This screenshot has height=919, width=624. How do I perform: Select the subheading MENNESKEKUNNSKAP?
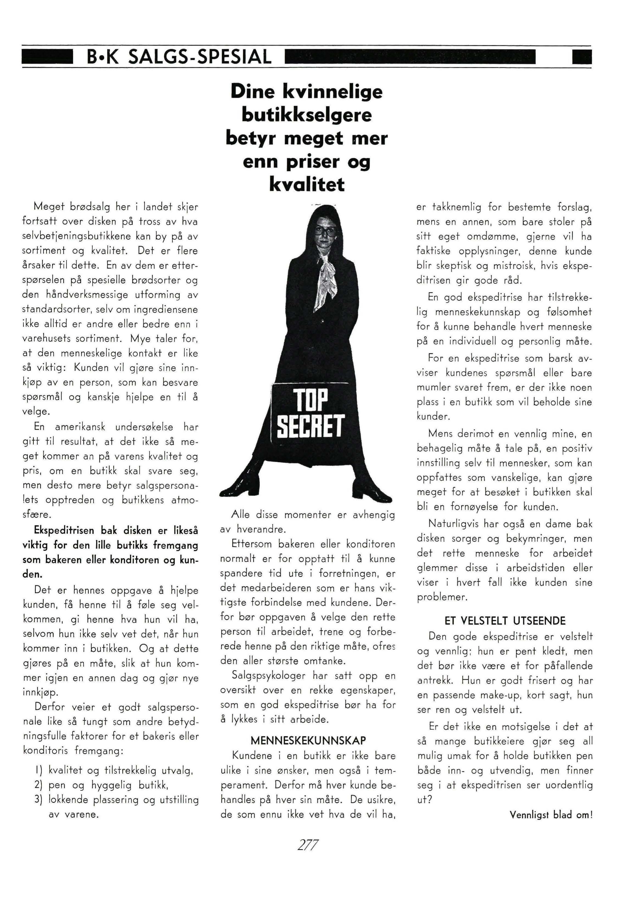tap(308, 741)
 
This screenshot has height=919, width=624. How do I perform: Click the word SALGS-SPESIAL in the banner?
tap(200, 57)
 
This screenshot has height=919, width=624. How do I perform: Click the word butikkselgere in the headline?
tap(307, 115)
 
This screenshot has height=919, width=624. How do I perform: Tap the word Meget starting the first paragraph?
tap(48, 206)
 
